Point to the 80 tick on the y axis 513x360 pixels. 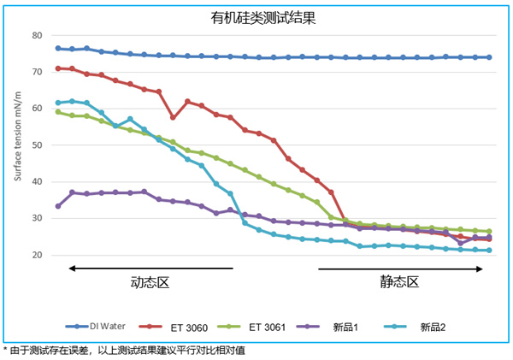point(37,35)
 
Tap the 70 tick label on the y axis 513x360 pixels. point(37,72)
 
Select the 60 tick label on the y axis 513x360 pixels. point(37,109)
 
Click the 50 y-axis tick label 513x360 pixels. point(37,145)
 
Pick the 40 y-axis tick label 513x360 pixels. point(37,182)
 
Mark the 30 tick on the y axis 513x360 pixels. point(37,219)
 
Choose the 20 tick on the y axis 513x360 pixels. point(37,255)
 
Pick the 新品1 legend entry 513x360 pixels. point(347,326)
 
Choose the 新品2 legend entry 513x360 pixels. point(433,326)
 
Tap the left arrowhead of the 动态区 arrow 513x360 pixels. point(72,269)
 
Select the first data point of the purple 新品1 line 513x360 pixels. point(58,206)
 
